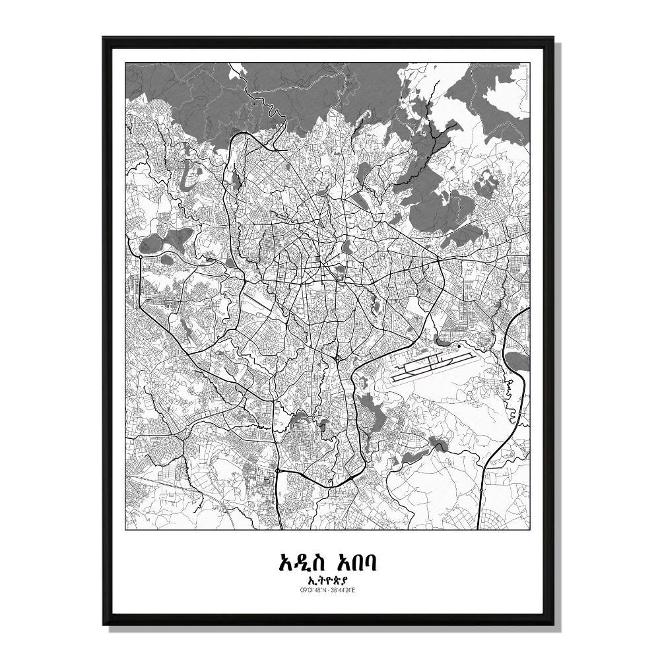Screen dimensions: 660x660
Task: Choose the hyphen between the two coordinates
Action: (329, 589)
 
